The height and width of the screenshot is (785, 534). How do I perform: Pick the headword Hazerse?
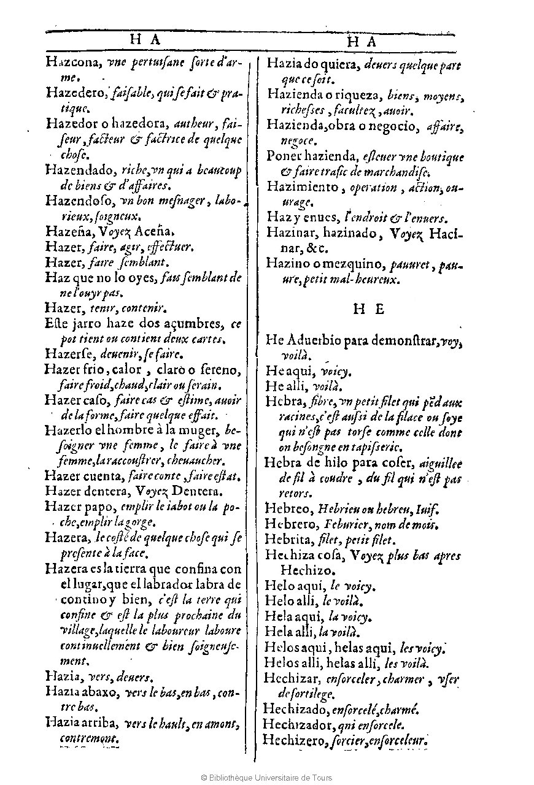pos(68,354)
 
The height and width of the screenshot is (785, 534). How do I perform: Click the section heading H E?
pos(368,309)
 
